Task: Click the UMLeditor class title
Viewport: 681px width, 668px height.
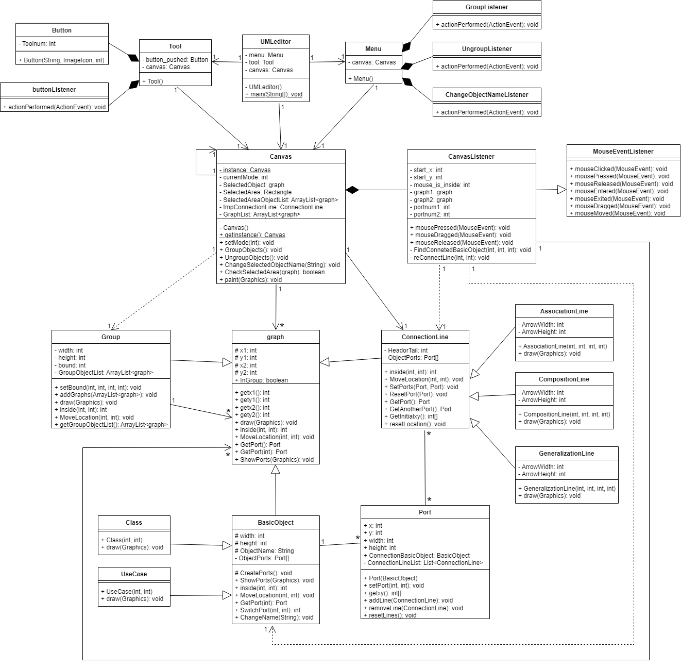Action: pos(276,42)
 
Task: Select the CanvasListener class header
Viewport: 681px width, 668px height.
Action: pos(471,157)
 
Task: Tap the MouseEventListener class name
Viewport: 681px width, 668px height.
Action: pos(623,152)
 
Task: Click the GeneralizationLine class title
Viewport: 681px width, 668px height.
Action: pos(566,454)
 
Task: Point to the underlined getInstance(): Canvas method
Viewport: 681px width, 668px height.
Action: pos(254,235)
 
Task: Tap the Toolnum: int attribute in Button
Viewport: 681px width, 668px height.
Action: pos(39,44)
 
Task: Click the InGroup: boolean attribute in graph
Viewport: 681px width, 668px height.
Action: pos(264,380)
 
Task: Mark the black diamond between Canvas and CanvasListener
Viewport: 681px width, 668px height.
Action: pos(352,190)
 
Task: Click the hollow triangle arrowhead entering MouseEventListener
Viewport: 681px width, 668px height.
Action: pos(561,190)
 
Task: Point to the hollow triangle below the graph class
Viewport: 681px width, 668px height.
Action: pos(276,469)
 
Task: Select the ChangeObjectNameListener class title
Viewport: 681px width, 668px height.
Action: pos(486,95)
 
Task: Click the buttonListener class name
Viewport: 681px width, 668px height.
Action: pos(54,90)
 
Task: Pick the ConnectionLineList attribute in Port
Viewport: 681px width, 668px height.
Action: pos(425,563)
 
